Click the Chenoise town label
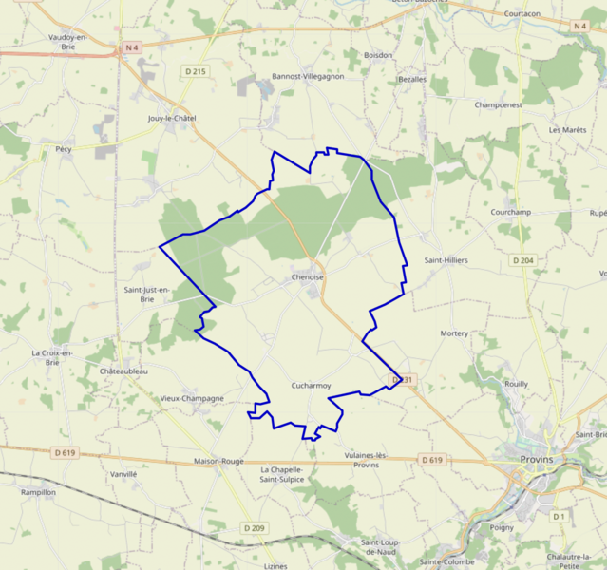point(308,277)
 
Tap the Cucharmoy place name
point(311,386)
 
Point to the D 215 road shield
point(196,70)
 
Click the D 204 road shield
point(522,259)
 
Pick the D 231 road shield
point(403,380)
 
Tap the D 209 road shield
point(254,527)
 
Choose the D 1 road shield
point(559,516)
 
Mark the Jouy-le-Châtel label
point(172,118)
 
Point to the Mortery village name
point(454,333)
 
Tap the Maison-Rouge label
point(219,461)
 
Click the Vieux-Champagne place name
point(192,398)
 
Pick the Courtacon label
point(522,14)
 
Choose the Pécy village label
point(64,149)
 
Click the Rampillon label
point(38,492)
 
